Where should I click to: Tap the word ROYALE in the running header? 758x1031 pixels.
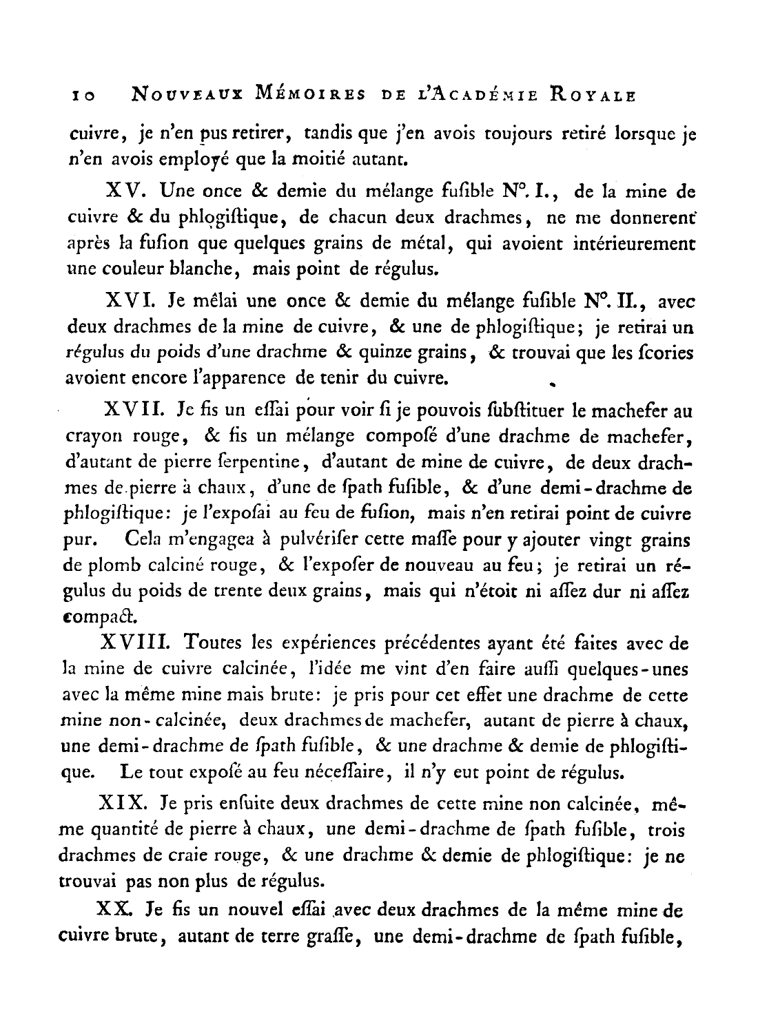593,94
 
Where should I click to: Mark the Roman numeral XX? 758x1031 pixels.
114,909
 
